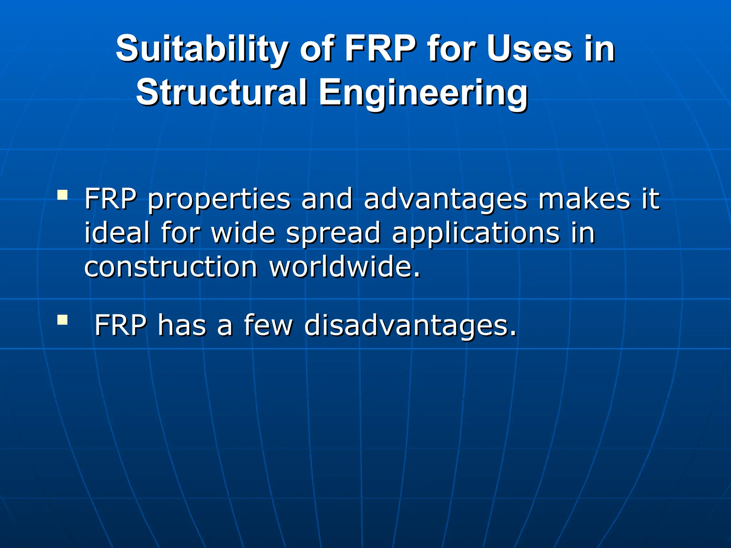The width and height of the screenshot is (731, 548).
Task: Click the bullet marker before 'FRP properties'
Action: tap(62, 195)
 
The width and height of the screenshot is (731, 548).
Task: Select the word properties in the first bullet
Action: tap(219, 199)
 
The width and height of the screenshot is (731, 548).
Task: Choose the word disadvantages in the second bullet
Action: tap(410, 325)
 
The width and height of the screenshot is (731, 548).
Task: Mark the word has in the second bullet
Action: tap(182, 325)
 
